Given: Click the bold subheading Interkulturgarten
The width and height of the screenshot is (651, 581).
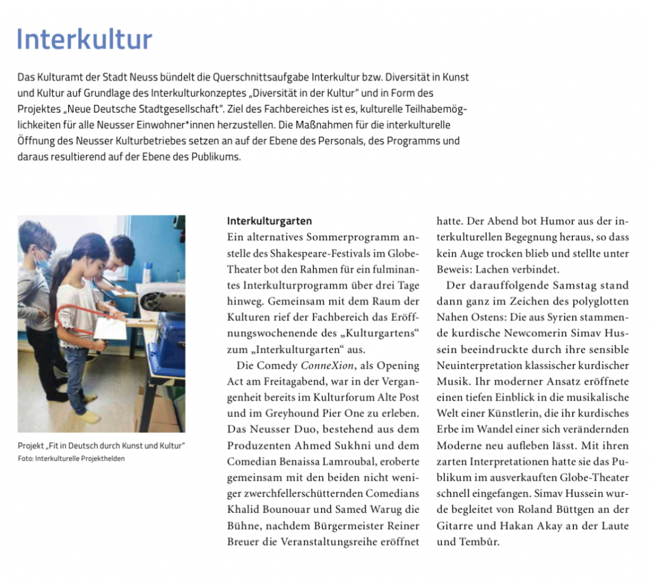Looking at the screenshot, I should [270, 222].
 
